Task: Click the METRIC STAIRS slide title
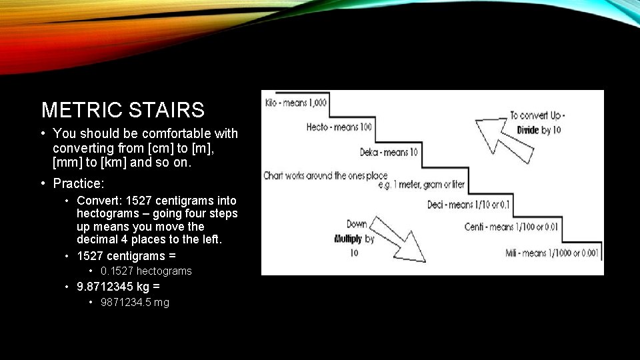point(123,109)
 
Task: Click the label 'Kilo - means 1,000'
point(297,103)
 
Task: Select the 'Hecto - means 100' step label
point(339,127)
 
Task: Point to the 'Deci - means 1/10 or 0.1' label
point(468,204)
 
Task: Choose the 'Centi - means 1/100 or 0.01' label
point(511,227)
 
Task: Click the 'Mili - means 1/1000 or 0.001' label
point(553,253)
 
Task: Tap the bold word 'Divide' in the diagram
point(528,130)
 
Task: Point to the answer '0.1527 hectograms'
point(146,271)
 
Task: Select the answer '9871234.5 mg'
point(135,302)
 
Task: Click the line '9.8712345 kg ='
point(118,287)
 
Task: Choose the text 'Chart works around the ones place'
point(325,176)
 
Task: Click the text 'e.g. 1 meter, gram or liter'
point(421,184)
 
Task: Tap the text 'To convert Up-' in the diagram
point(537,115)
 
